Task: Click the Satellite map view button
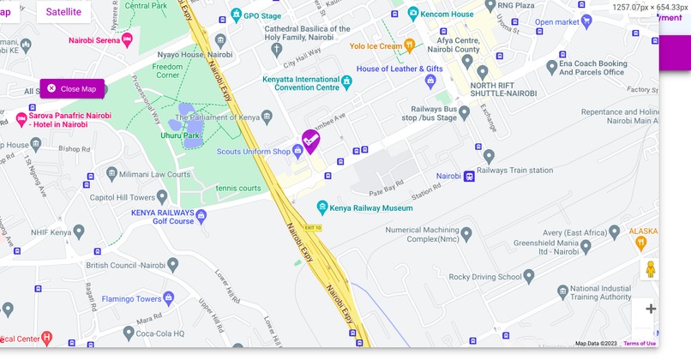point(63,12)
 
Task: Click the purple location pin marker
point(310,140)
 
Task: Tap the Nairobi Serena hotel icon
point(127,39)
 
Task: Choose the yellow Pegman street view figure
point(651,269)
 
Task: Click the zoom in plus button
point(651,309)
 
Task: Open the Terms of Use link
point(640,344)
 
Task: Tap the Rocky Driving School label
point(485,277)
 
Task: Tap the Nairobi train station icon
point(469,177)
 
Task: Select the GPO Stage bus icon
point(236,16)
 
